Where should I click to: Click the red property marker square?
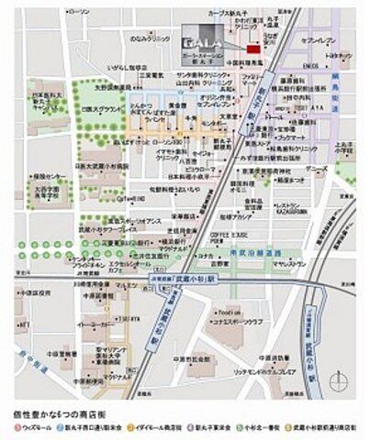click(267, 46)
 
